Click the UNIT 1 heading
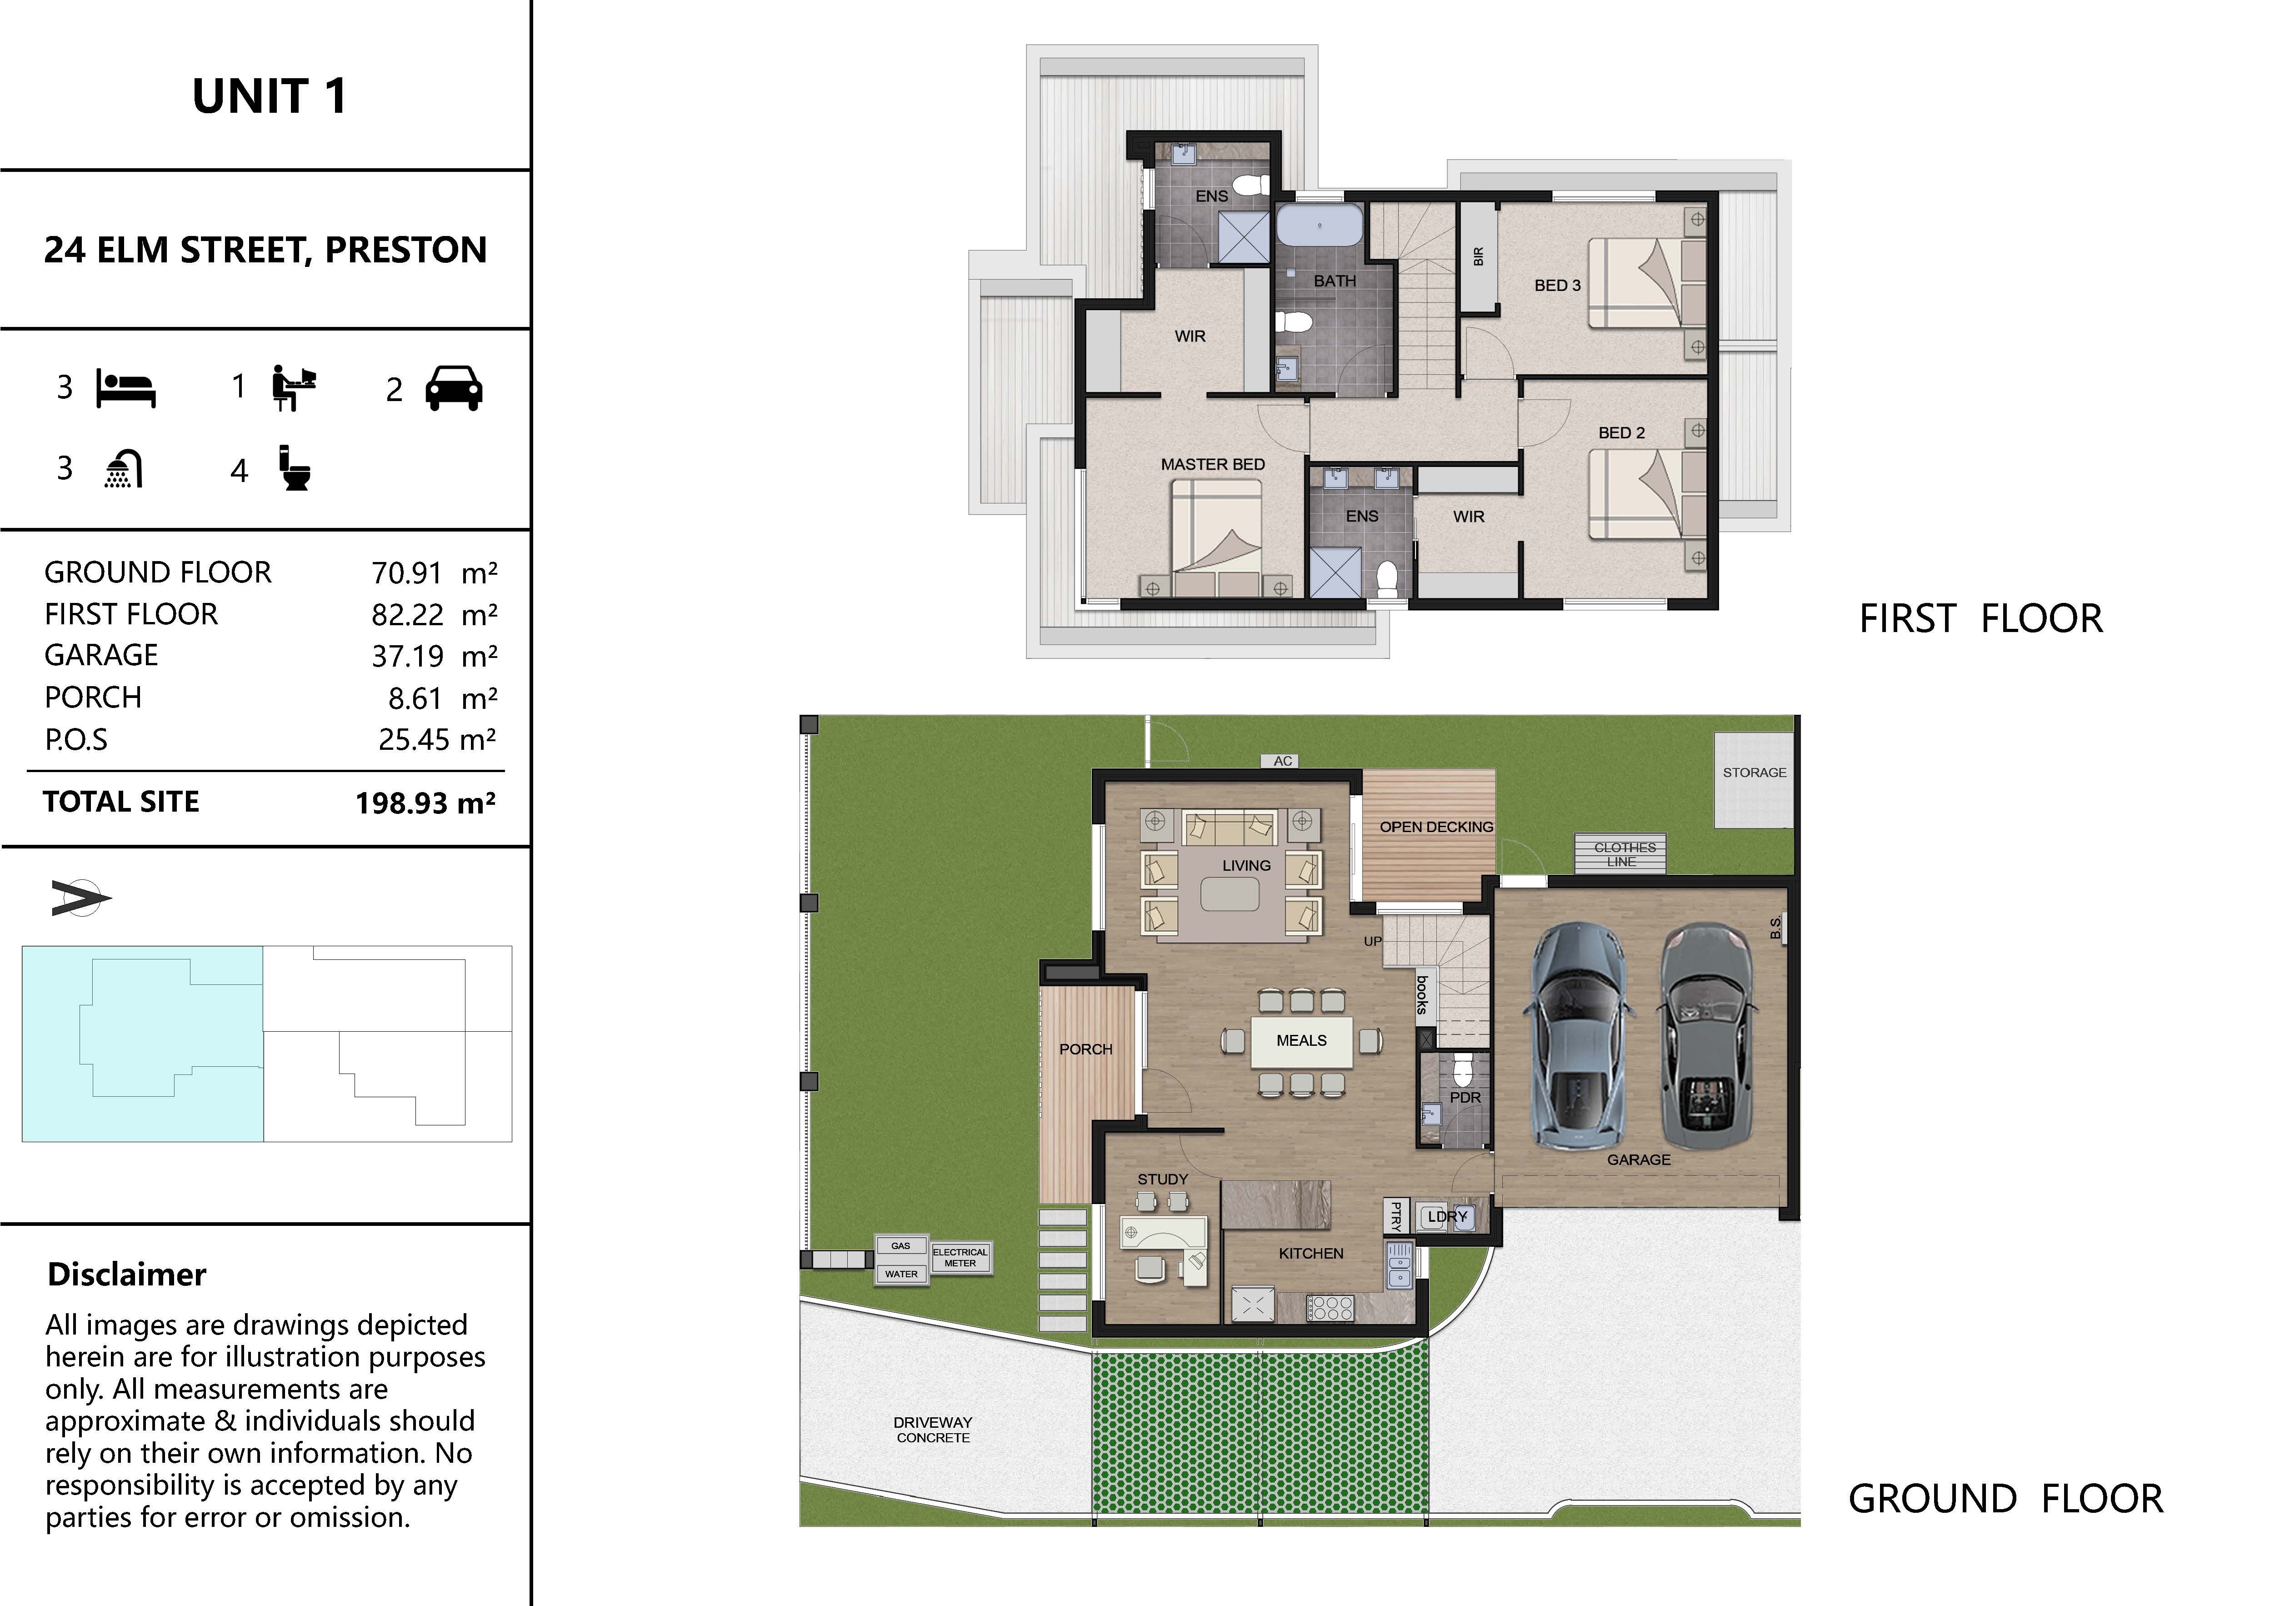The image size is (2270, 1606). [x=269, y=96]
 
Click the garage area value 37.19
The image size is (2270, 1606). [x=407, y=656]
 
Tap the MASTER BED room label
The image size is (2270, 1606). [x=1212, y=464]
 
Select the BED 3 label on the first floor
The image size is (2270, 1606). [x=1557, y=285]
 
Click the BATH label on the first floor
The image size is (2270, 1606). [x=1335, y=281]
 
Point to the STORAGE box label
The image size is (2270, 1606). [x=1755, y=773]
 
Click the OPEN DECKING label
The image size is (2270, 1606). [x=1436, y=827]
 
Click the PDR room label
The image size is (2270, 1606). [x=1465, y=1098]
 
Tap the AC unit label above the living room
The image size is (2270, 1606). [x=1282, y=760]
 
